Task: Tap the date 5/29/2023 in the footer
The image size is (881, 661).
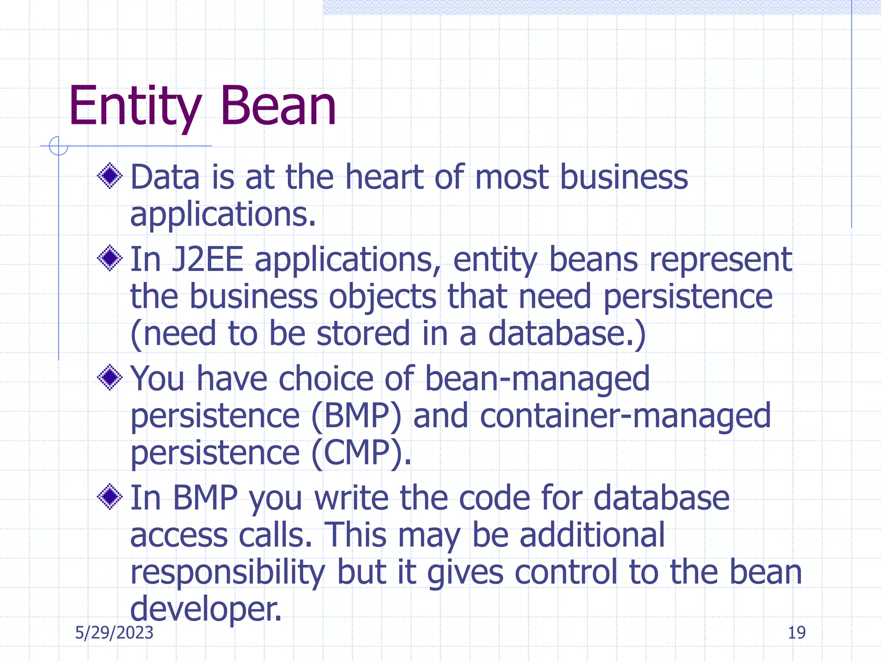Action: pyautogui.click(x=114, y=633)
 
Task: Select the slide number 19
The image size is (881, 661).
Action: pyautogui.click(x=796, y=633)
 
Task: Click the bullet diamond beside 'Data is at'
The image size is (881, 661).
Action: pyautogui.click(x=110, y=176)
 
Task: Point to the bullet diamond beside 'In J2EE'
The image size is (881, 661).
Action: pyautogui.click(x=110, y=258)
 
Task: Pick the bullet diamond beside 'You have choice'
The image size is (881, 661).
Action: pyautogui.click(x=110, y=377)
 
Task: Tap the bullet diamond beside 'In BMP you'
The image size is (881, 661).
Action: pyautogui.click(x=110, y=497)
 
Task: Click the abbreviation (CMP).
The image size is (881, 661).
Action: pyautogui.click(x=360, y=453)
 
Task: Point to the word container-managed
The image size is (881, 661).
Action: pyautogui.click(x=625, y=417)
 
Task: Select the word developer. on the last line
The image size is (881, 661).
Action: pyautogui.click(x=206, y=609)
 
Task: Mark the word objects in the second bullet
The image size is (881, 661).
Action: pyautogui.click(x=382, y=297)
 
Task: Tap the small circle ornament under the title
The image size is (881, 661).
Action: pyautogui.click(x=59, y=146)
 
